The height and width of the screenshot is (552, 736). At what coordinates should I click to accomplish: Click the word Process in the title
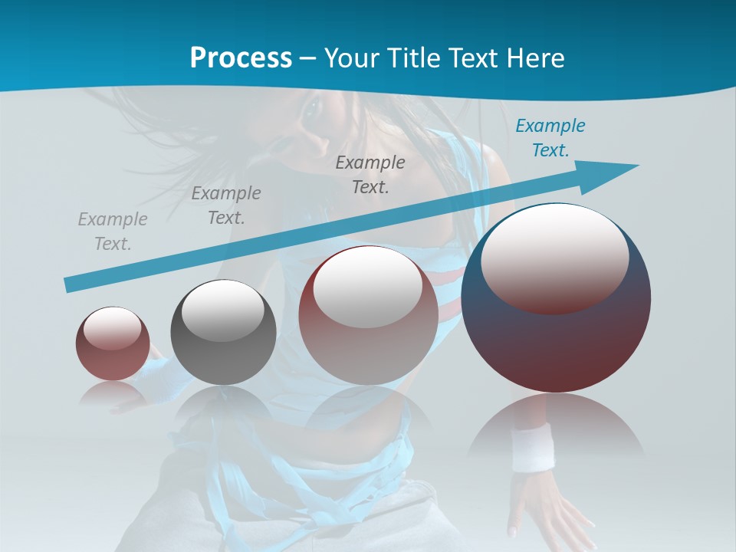(241, 58)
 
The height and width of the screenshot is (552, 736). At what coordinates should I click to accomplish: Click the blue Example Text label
(550, 138)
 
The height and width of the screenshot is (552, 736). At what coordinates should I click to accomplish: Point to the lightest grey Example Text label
(113, 232)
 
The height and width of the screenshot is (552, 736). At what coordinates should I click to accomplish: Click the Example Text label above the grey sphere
(225, 205)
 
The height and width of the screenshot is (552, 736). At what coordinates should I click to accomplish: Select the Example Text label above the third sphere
(370, 174)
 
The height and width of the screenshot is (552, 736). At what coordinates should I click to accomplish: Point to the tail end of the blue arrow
(71, 284)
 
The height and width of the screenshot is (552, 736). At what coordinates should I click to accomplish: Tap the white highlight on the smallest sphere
(112, 328)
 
